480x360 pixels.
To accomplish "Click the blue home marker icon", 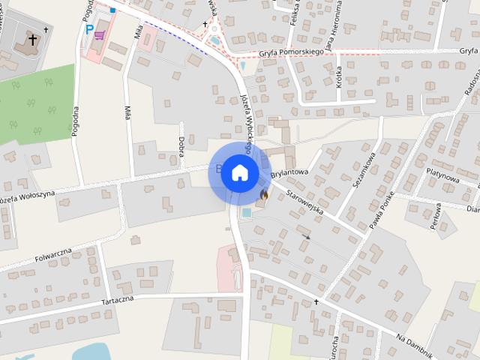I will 239,172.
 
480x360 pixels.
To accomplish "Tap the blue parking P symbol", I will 89,30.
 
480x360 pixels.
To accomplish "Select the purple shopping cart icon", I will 100,34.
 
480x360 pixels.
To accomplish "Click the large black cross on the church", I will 33,38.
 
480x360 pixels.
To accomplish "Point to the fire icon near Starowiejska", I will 263,195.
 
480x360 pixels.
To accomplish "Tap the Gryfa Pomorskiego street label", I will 291,52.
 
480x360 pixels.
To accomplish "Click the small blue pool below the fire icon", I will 247,212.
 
